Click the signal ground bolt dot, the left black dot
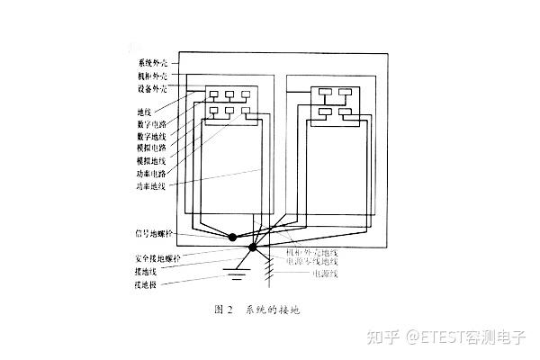point(232,238)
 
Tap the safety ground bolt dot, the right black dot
point(253,247)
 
